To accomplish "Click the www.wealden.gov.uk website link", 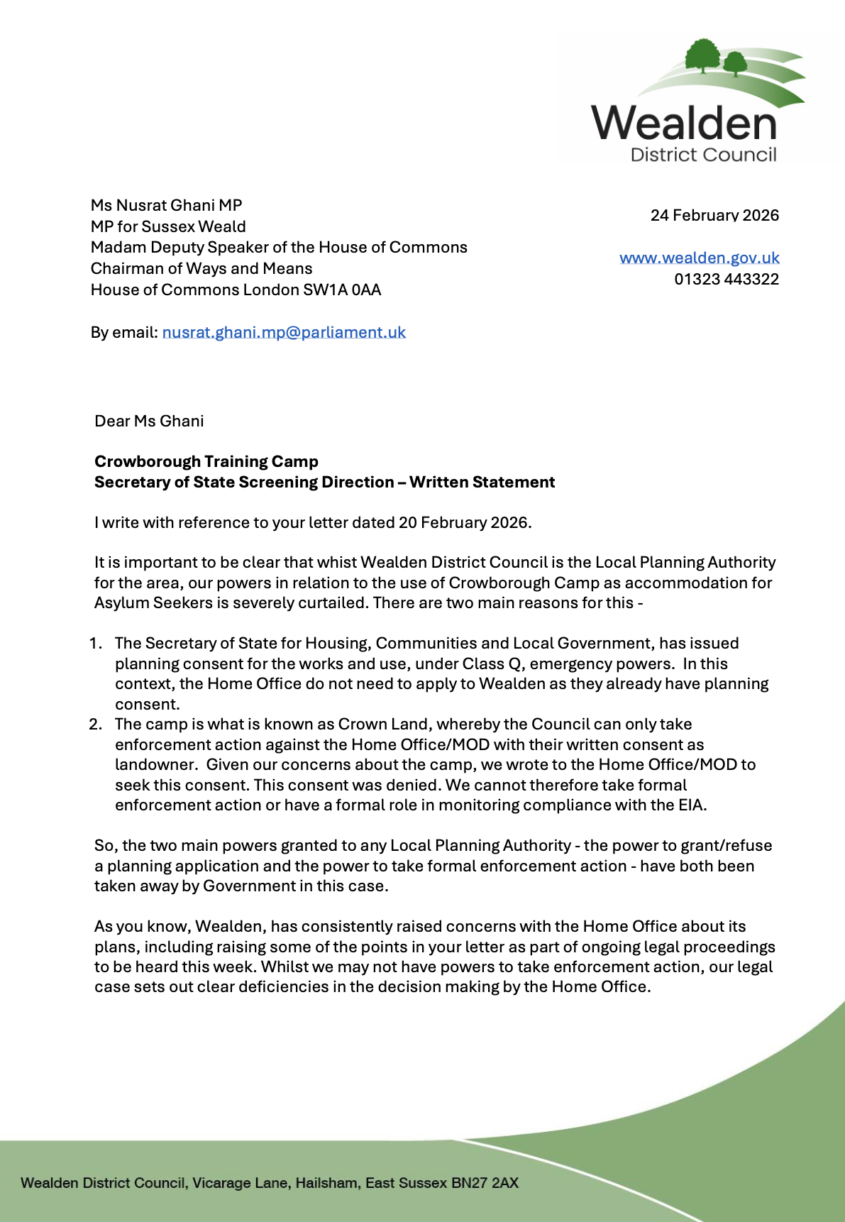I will [699, 258].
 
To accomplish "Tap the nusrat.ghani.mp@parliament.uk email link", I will [284, 332].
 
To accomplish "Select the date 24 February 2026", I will [714, 215].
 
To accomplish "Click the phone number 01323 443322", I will [727, 279].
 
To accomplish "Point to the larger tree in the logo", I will [702, 55].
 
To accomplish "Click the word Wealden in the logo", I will [685, 123].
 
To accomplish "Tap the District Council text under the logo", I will [703, 155].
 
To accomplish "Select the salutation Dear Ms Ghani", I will [149, 421].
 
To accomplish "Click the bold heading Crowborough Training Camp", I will [206, 461].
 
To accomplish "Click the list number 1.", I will [95, 643].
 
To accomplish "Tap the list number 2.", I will [95, 724].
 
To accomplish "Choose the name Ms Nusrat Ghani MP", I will [166, 205].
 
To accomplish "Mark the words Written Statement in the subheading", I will [482, 482].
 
